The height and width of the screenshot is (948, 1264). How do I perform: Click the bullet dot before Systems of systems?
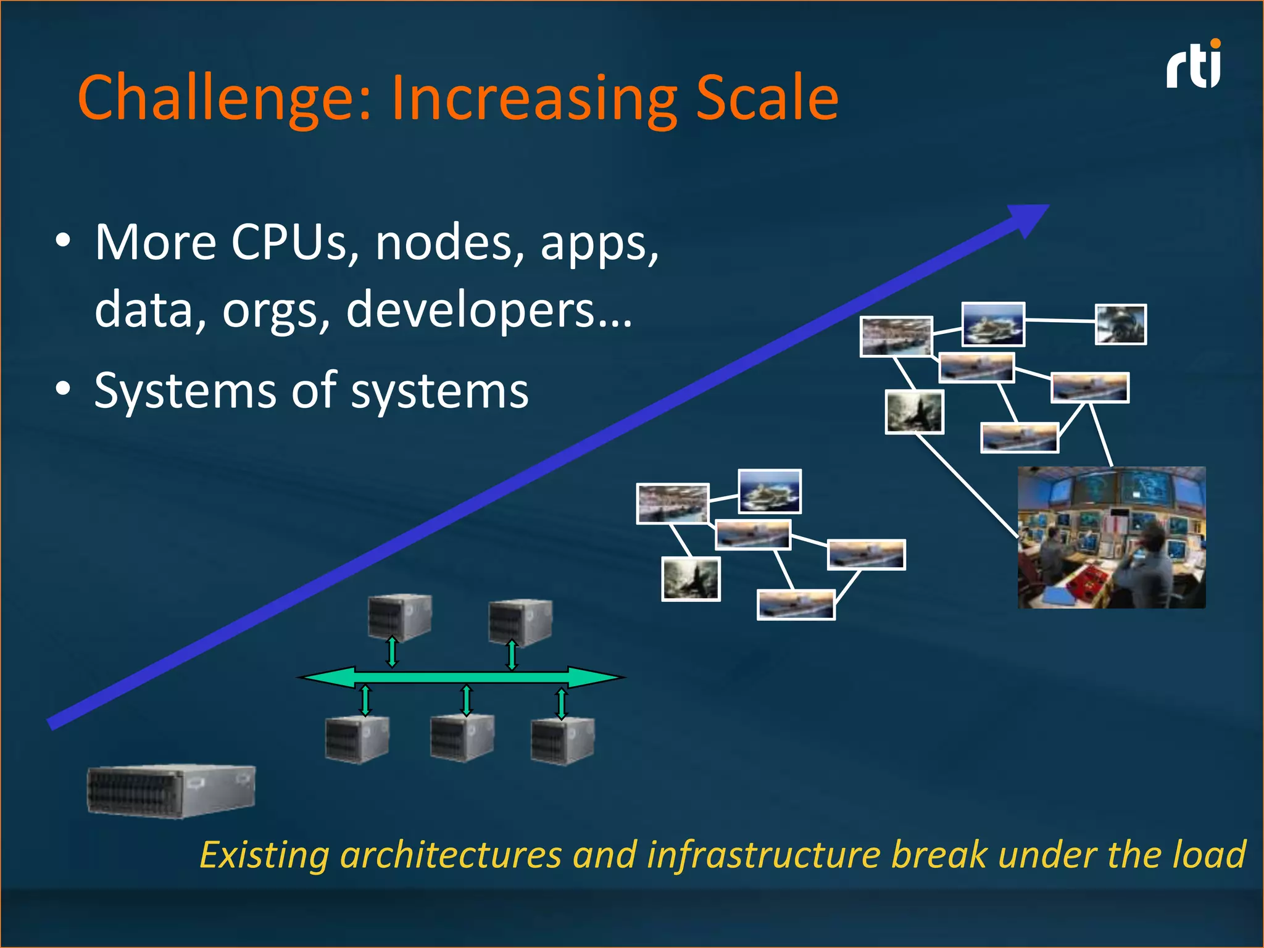coord(63,389)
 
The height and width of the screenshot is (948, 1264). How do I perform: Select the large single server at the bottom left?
coord(171,791)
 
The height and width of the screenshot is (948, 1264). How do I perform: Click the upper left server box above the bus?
coord(399,617)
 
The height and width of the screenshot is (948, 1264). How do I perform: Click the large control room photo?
coord(1111,538)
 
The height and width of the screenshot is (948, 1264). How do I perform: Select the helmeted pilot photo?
coord(1120,324)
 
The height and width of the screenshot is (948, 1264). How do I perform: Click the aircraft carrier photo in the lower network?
coord(770,491)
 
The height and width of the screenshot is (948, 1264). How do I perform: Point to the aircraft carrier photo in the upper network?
coord(993,324)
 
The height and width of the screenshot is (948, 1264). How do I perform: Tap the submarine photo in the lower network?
coord(691,579)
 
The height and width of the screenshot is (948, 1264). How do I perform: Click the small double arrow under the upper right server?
coord(512,655)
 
